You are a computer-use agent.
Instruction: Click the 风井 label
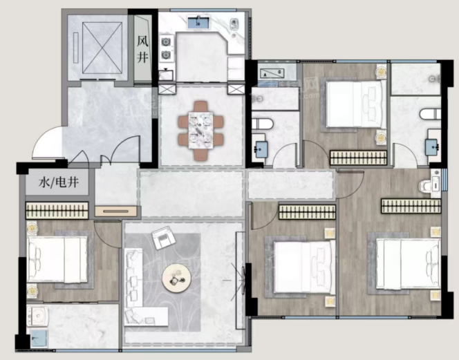pyautogui.click(x=142, y=48)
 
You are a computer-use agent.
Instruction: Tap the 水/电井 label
pyautogui.click(x=59, y=182)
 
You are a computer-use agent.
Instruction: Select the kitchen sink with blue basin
pyautogui.click(x=198, y=23)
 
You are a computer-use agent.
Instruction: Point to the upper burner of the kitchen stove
pyautogui.click(x=166, y=42)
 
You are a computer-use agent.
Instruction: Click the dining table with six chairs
pyautogui.click(x=200, y=131)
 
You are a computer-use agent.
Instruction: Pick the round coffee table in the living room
pyautogui.click(x=176, y=278)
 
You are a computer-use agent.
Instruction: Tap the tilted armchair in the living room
pyautogui.click(x=163, y=238)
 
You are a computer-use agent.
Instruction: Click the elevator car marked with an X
pyautogui.click(x=102, y=48)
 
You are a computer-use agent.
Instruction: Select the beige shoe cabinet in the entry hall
pyautogui.click(x=116, y=211)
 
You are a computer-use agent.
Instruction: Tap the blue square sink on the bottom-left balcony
pyautogui.click(x=39, y=339)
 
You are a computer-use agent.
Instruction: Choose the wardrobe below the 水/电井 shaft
pyautogui.click(x=57, y=211)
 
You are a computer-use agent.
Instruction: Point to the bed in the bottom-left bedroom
pyautogui.click(x=57, y=260)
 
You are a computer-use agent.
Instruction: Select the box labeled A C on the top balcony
pyautogui.click(x=272, y=73)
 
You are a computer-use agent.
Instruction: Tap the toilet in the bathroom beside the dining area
pyautogui.click(x=262, y=124)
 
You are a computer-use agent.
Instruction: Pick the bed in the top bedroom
pyautogui.click(x=354, y=104)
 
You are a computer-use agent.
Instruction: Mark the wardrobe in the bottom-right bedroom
pyautogui.click(x=411, y=206)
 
